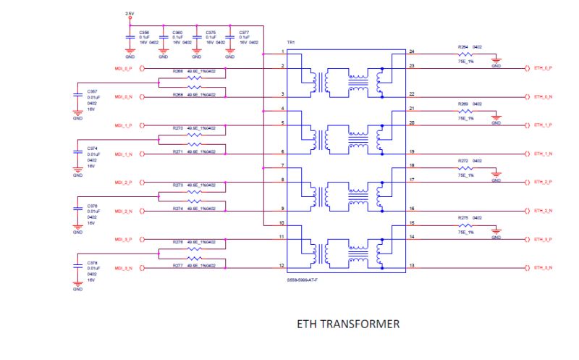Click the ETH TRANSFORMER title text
pos(348,325)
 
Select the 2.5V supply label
pos(130,14)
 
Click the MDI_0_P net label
pos(123,69)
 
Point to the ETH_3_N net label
pos(543,268)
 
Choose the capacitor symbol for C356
pos(130,37)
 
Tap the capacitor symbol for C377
pos(229,37)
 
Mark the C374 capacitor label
pos(93,148)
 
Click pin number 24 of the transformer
pos(411,51)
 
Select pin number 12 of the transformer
pos(282,266)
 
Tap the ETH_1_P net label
pos(543,125)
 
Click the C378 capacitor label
pos(93,262)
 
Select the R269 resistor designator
pos(463,104)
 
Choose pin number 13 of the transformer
pos(411,266)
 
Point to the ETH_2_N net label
pos(543,211)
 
